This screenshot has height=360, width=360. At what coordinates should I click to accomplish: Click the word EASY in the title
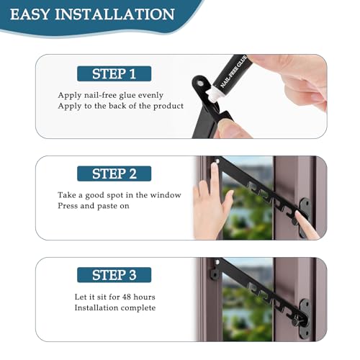30,14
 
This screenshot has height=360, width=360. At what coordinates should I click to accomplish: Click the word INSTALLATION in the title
114,14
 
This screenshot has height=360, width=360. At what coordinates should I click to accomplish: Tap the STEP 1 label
114,73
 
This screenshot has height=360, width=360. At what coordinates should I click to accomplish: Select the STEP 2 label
114,174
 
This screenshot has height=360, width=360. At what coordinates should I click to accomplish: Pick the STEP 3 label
114,275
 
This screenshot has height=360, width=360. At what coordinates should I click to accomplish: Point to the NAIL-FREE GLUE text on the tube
233,71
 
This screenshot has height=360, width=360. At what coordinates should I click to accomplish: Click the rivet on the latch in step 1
199,84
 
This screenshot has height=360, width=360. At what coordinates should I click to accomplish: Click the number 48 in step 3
127,297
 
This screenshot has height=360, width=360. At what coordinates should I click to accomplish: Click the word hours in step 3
144,297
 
